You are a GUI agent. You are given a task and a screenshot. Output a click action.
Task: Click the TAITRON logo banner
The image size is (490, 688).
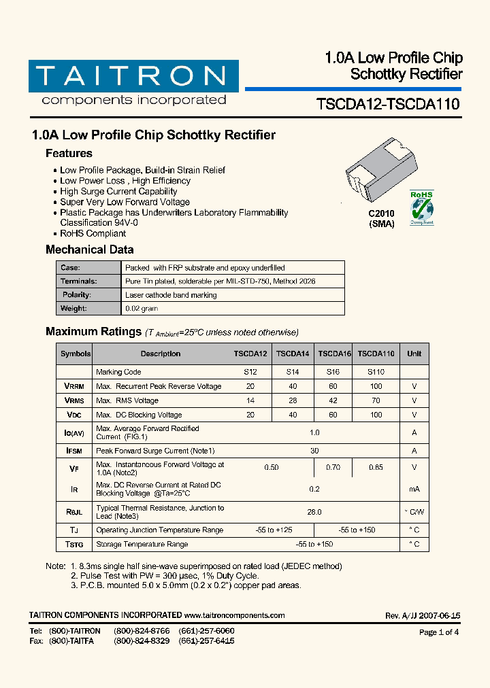coord(133,76)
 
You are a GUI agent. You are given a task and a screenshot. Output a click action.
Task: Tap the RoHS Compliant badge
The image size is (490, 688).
coord(421,208)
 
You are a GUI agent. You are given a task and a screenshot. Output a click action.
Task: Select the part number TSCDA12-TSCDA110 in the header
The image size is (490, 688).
coord(388,105)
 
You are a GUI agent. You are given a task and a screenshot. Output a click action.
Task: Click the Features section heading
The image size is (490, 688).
coord(69,154)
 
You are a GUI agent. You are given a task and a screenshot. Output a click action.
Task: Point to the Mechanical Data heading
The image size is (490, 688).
coord(89,250)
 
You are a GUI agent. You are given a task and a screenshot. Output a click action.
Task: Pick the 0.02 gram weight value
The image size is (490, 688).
coord(142,309)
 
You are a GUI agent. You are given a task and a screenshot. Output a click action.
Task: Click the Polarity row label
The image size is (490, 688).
coord(77,295)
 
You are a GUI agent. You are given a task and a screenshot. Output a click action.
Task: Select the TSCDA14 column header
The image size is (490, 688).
coord(293,354)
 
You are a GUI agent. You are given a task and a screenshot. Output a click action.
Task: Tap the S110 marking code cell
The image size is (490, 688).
coord(376,372)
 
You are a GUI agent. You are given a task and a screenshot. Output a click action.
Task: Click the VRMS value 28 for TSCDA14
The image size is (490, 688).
coord(293,400)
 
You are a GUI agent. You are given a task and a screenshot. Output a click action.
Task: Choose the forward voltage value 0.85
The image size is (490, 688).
coord(376,468)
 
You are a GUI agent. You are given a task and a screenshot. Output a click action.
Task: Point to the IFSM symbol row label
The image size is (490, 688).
coord(75,451)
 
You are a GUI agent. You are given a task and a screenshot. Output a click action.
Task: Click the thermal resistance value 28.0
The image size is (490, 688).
coord(314,512)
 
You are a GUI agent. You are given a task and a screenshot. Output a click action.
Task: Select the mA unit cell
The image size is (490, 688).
coord(414,489)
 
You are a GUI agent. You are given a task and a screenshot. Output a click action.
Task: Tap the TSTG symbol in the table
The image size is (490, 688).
coord(75,544)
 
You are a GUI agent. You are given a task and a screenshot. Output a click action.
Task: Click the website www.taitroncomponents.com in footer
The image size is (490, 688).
coord(234,615)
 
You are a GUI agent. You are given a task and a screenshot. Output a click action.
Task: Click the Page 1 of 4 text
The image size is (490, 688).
coord(439,632)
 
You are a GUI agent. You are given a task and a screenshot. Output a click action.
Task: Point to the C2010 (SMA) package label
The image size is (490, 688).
coord(381,218)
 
